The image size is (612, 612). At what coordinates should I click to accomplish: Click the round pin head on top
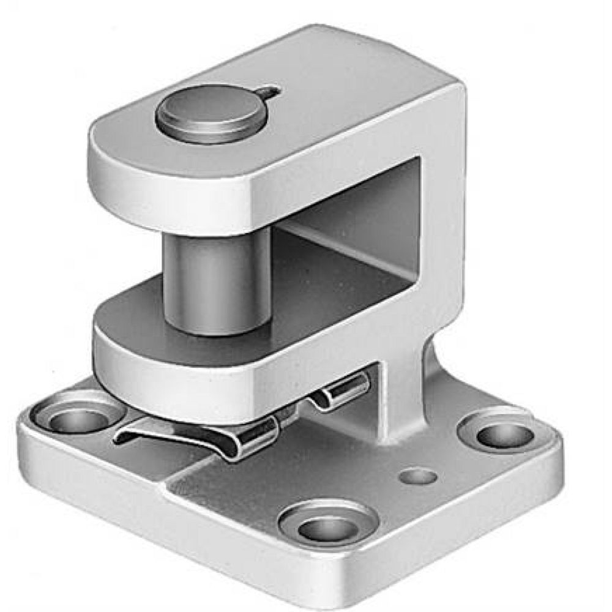(211, 113)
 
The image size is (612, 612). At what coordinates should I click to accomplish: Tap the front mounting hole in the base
(329, 526)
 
